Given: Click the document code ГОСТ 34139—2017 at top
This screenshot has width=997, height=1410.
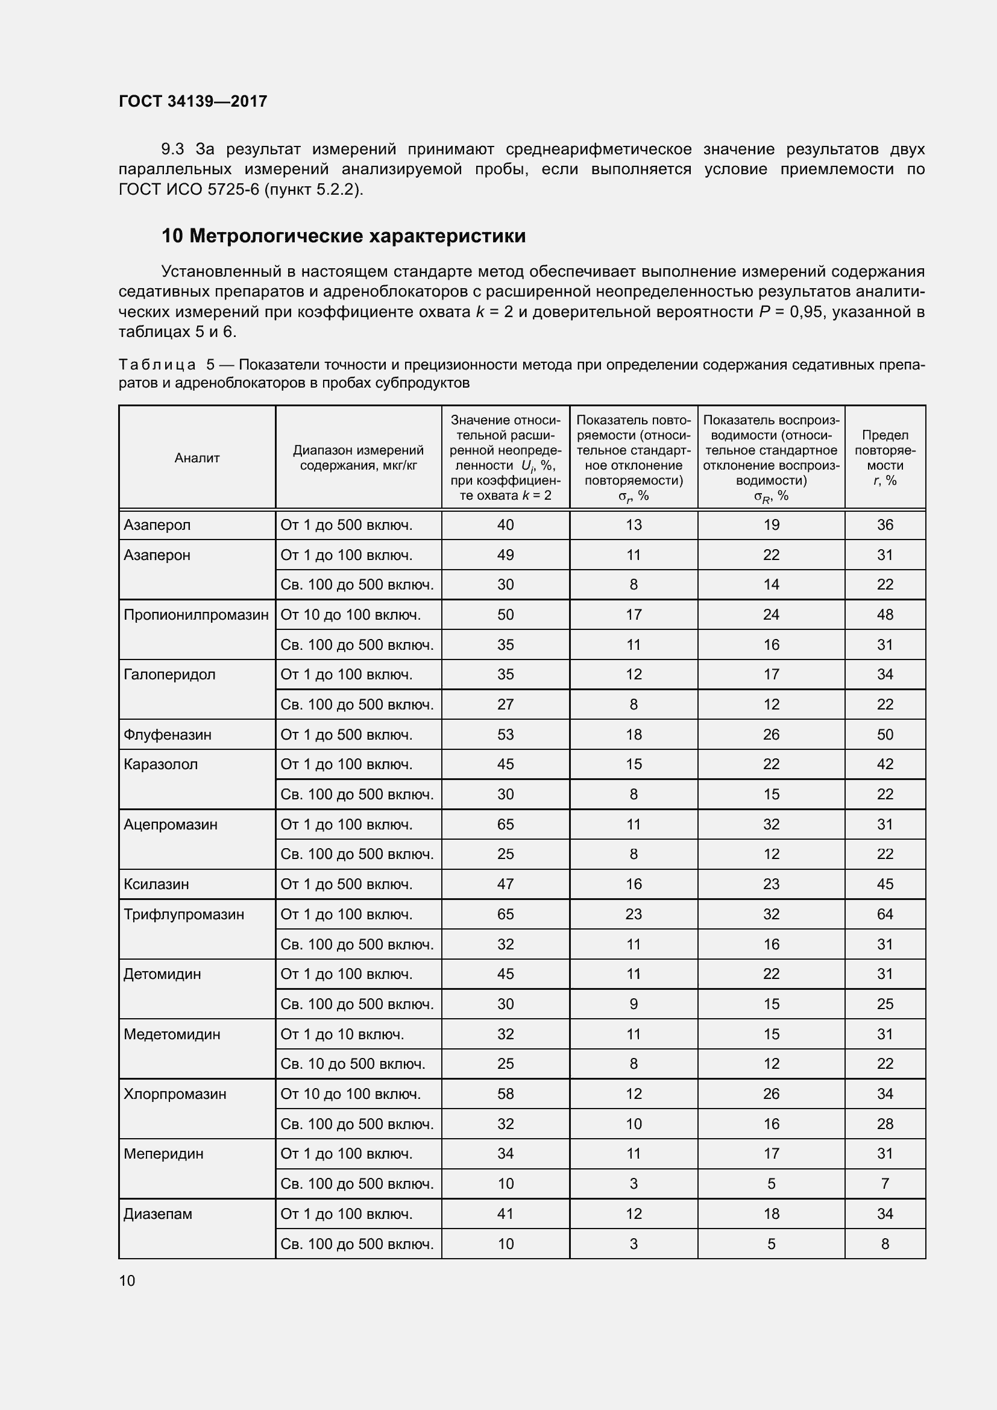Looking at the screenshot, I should coord(193,101).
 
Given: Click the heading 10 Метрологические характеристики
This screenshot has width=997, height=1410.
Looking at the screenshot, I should coord(343,236).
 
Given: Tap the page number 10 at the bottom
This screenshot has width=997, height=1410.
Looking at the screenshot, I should coord(127,1280).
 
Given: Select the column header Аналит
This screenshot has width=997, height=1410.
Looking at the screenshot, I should coord(197,458).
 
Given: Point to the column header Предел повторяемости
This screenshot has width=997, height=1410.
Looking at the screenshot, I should coord(885,458).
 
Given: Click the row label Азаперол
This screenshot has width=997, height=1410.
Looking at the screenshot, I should coord(157,525).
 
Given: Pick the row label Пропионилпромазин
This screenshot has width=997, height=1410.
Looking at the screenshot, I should coord(196,615).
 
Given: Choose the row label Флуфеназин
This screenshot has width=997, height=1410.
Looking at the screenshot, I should coord(167,734).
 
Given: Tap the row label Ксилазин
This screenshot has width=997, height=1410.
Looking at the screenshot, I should coord(156,884).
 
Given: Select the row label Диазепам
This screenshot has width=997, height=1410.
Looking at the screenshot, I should coord(158,1214).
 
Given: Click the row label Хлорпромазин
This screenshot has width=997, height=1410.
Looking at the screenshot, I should coord(175,1094).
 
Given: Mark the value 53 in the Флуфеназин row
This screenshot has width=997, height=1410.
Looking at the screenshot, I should coord(505,734).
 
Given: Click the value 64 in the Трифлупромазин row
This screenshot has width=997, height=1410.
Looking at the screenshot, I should coord(885,914).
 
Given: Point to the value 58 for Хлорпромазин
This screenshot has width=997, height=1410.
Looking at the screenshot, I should coord(505,1094).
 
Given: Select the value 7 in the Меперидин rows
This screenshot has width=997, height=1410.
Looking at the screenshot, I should coord(885,1184).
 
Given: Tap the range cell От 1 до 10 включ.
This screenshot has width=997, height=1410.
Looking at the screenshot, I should coord(342,1034).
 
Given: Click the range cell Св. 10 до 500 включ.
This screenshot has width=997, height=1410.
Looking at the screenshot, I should coord(353,1064).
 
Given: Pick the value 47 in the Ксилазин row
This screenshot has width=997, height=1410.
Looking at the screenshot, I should coord(505,884).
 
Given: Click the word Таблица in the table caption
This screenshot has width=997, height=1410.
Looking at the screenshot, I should coord(157,365).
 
